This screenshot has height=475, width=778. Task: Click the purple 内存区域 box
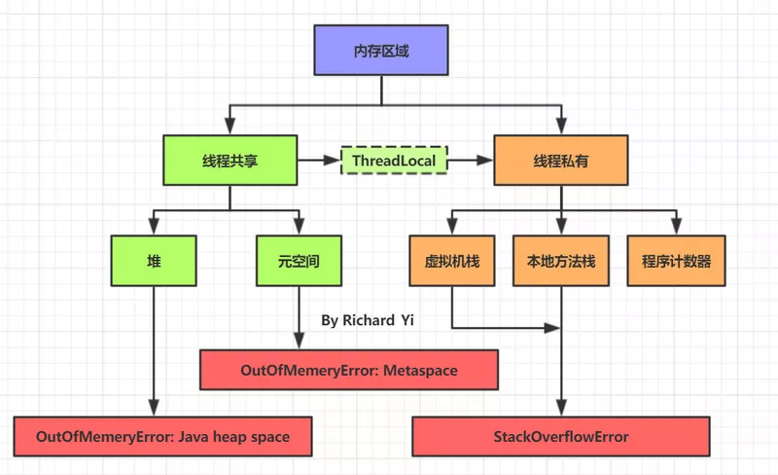click(x=381, y=51)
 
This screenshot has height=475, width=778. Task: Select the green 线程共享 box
click(x=230, y=160)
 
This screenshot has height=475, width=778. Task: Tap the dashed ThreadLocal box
click(x=394, y=160)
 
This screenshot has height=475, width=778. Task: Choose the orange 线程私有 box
click(x=561, y=160)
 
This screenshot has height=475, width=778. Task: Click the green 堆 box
click(x=154, y=261)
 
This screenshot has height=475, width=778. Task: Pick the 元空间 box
click(x=299, y=261)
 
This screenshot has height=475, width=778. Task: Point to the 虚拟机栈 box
click(x=452, y=261)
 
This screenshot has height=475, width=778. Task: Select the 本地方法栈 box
click(x=561, y=261)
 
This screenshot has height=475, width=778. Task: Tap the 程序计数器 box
click(x=676, y=261)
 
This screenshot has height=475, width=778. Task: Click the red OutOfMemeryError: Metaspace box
click(x=349, y=370)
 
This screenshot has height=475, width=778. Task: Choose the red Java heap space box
click(x=162, y=436)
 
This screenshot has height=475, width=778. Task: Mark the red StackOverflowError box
click(x=561, y=436)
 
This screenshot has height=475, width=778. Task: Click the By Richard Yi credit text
click(x=368, y=320)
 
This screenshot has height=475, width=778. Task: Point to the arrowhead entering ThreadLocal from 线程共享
click(x=332, y=160)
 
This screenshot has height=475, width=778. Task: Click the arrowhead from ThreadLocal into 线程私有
click(x=484, y=160)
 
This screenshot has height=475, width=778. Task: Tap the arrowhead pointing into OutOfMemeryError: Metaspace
click(x=299, y=341)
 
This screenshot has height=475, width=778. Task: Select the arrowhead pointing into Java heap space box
click(x=154, y=408)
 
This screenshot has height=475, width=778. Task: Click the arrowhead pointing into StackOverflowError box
click(x=561, y=408)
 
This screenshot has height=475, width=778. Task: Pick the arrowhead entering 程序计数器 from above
click(x=676, y=227)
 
